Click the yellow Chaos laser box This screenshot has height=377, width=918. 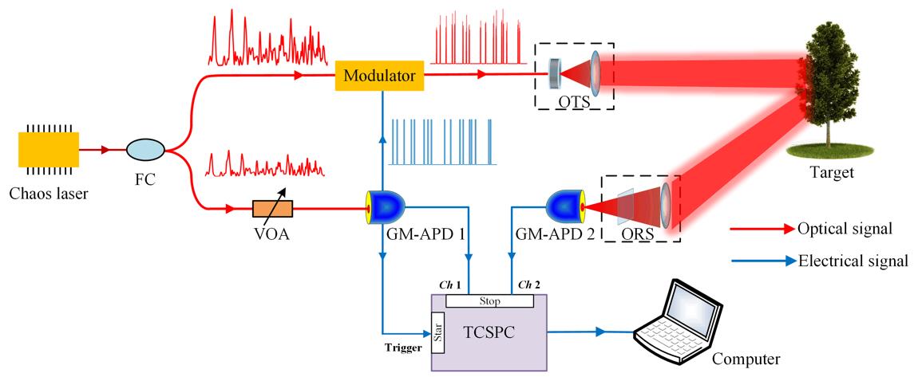click(48, 149)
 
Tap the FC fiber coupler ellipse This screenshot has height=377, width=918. click(145, 148)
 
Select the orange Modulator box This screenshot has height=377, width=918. click(379, 76)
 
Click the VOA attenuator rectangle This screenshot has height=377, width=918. click(272, 210)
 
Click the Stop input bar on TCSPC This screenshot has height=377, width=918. click(489, 301)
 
